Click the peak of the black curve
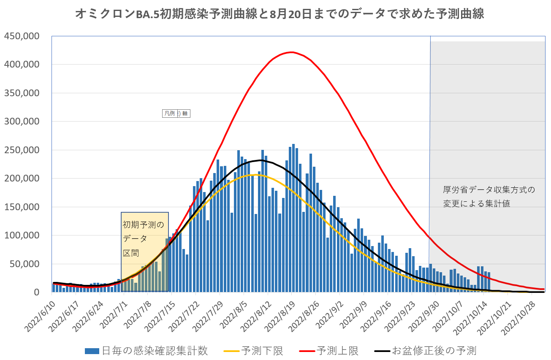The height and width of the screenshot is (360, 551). [261, 160]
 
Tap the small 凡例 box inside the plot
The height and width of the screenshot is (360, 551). [176, 114]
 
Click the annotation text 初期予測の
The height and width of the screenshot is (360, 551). [143, 225]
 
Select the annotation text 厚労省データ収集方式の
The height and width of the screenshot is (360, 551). [489, 190]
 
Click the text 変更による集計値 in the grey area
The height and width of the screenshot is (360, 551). [476, 203]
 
